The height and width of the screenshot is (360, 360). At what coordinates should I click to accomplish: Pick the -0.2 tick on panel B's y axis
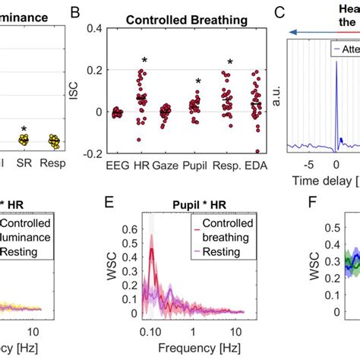[92, 153]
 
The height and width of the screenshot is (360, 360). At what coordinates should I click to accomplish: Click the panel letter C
[279, 13]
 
